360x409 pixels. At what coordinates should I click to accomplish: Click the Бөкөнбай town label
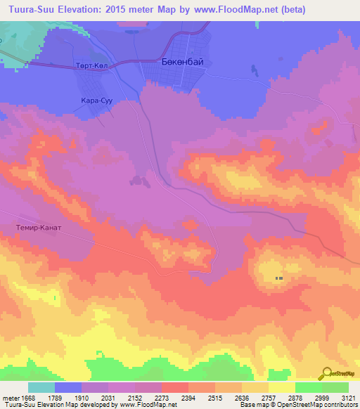178,62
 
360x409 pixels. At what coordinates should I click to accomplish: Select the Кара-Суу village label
97,101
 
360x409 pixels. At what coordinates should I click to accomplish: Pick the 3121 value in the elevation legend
348,398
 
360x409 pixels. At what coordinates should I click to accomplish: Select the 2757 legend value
255,398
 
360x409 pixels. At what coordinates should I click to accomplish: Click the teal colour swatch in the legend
41,387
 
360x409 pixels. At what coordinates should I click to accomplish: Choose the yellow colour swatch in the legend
281,387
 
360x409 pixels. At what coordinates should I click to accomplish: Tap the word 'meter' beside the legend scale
9,398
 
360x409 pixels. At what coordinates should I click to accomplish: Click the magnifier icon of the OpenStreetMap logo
326,374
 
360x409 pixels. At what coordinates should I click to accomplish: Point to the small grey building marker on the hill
279,278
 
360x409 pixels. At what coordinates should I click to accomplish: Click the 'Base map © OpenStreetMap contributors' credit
299,405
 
